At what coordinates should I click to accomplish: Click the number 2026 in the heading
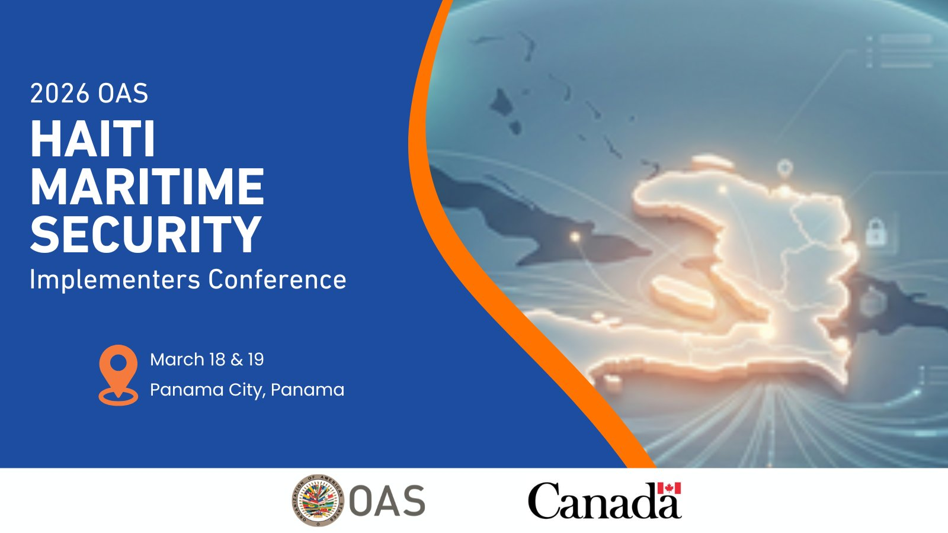60,94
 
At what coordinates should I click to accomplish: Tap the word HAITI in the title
92,139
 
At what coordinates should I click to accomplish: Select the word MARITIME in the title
148,187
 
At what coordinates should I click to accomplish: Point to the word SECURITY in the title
146,234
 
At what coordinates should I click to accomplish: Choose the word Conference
277,280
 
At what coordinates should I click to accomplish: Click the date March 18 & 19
207,359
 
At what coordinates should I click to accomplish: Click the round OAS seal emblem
318,500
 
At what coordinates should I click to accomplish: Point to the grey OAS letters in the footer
387,501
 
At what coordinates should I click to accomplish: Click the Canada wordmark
604,501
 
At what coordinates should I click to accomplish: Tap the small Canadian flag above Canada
669,488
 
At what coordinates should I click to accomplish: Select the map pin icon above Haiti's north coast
784,169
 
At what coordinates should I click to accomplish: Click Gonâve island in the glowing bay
683,296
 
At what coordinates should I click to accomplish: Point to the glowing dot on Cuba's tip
575,237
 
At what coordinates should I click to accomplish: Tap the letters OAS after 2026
123,94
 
